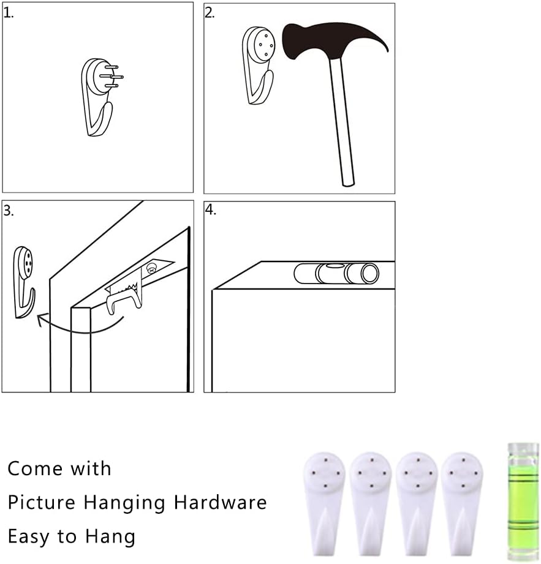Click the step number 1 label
9,13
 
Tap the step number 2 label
210,13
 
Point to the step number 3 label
9,211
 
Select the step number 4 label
211,209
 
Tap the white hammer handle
342,122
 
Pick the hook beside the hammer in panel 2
258,66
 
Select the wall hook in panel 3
24,282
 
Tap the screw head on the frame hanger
151,268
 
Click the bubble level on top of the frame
336,273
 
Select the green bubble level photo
523,502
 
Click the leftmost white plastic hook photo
324,503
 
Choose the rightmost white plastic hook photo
462,503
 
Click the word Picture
41,502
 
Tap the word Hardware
220,502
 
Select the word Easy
29,537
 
